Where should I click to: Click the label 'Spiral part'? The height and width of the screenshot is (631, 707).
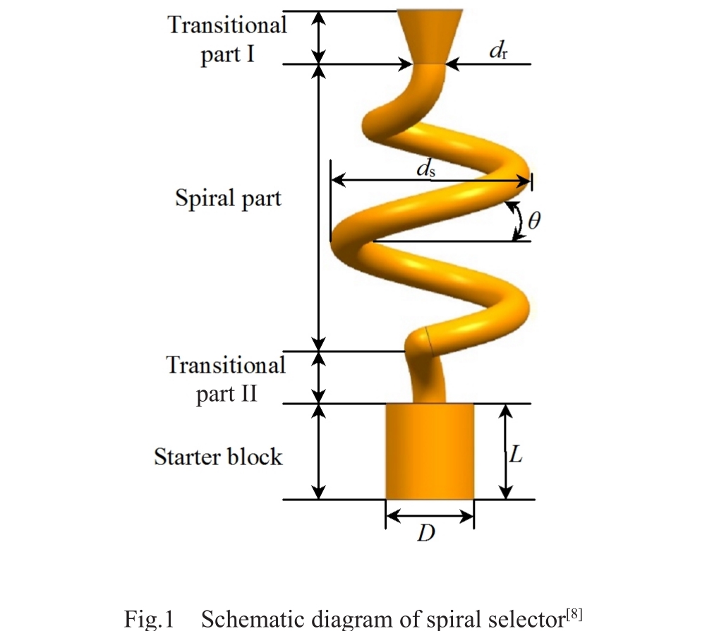228,198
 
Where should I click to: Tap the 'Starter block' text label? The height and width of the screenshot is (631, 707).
218,457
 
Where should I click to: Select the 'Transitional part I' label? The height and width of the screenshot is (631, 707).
227,40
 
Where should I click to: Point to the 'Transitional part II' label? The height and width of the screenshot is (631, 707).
226,379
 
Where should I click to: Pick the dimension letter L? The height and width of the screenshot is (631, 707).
516,456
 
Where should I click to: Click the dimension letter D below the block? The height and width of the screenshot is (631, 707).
425,534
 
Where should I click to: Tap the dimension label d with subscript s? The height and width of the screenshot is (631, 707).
425,169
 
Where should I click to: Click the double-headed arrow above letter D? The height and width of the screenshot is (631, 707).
429,517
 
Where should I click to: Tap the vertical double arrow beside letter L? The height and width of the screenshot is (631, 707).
504,452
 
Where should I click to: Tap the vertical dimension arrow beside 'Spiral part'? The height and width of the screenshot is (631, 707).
320,208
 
